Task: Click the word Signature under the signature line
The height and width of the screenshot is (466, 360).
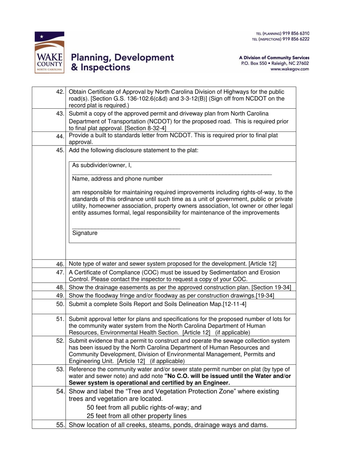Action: coord(85,233)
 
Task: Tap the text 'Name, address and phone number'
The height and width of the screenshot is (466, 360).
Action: coord(117,179)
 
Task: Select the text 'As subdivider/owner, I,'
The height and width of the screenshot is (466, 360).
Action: coord(102,165)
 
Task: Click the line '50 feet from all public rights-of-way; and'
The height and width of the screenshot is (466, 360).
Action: coord(144,408)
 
